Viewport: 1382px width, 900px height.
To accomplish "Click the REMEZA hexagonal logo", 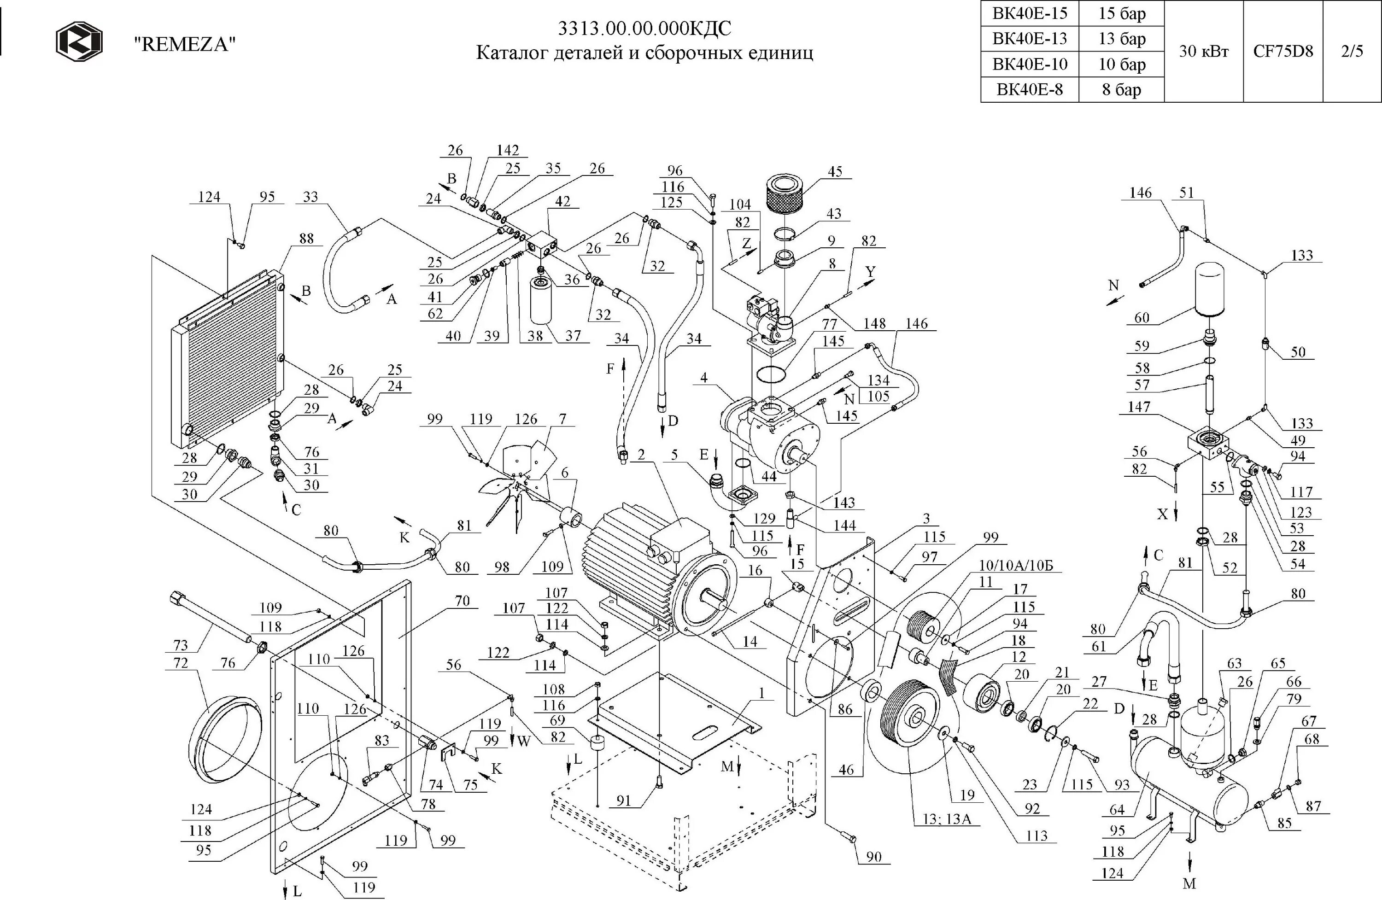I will (x=79, y=41).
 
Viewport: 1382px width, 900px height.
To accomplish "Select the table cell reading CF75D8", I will (x=1282, y=51).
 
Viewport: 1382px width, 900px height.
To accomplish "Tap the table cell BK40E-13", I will (x=1030, y=38).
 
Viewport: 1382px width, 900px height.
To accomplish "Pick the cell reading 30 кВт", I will (x=1204, y=51).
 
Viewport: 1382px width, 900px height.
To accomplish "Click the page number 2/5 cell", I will (x=1352, y=51).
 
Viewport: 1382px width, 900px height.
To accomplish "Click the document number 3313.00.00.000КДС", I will (x=644, y=28).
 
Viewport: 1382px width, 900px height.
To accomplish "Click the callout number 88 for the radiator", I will (x=306, y=238).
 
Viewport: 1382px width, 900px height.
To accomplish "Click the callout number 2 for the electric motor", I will (x=641, y=454).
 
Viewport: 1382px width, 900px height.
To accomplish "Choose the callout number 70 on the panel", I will (x=462, y=601).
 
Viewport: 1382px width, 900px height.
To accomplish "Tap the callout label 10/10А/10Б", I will (x=1019, y=566).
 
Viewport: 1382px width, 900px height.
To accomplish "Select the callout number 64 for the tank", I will (x=1117, y=809).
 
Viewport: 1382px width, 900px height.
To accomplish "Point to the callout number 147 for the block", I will (x=1139, y=406).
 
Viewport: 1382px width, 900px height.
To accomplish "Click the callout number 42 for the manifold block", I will (x=562, y=201).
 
